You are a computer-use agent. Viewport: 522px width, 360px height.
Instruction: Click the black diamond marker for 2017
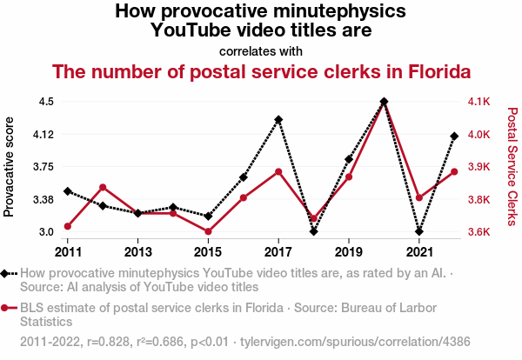coord(278,119)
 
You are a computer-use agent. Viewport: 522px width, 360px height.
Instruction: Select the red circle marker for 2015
coord(208,231)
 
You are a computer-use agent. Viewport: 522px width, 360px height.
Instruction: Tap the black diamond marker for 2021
coord(419,231)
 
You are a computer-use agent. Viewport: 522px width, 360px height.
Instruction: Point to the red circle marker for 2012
coord(103,187)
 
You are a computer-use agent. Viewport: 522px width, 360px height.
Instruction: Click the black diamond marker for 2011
coord(68,190)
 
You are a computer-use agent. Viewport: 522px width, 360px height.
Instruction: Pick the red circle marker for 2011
coord(68,227)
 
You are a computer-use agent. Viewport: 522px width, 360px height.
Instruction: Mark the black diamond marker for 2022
coord(454,136)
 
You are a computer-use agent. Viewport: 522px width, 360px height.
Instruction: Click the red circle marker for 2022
coord(454,171)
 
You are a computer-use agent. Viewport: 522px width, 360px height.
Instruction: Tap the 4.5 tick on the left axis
coord(46,102)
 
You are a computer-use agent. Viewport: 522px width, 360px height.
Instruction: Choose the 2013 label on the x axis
coord(138,252)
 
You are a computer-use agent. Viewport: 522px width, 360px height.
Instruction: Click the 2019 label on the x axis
coord(349,252)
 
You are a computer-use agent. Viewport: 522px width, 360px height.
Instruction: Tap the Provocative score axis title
coord(10,166)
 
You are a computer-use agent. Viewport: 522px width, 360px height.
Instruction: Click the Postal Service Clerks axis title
coord(512,166)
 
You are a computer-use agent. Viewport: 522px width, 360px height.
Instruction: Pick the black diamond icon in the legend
coord(6,273)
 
